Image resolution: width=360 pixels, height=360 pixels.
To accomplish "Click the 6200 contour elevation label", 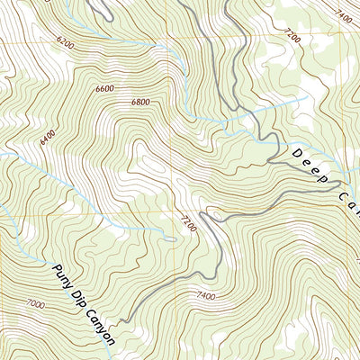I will pyautogui.click(x=64, y=41).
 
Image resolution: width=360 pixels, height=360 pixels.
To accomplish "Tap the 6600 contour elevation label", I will pyautogui.click(x=104, y=88).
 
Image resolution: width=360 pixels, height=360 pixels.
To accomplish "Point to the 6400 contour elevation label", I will pyautogui.click(x=48, y=139).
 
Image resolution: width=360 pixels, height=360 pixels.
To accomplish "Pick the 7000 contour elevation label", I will pyautogui.click(x=36, y=305).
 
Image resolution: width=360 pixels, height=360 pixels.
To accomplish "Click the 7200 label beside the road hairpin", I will pyautogui.click(x=187, y=220).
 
